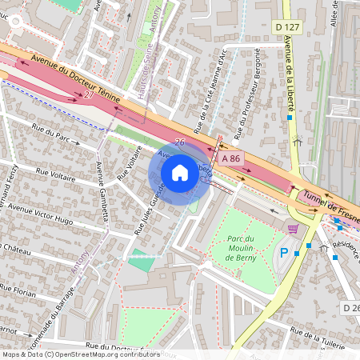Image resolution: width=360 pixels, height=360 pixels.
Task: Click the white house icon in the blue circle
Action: tap(180, 172)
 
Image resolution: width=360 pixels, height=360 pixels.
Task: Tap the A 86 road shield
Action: tap(231, 158)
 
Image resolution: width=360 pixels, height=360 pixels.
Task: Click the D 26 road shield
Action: tap(350, 307)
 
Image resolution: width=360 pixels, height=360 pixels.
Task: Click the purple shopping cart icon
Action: tap(293, 229)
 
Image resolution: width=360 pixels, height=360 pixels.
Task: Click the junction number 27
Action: tap(88, 94)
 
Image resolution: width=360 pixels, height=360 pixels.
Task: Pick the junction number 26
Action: tap(180, 142)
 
